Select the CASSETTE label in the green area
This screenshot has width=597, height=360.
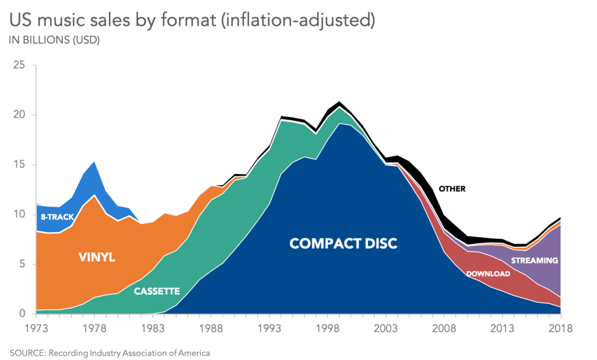click(157, 291)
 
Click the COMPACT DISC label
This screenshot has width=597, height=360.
click(343, 243)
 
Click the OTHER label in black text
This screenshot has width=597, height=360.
click(452, 188)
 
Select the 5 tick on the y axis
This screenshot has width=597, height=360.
click(22, 264)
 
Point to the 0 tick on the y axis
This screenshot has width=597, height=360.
click(22, 314)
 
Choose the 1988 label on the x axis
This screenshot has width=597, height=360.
click(211, 328)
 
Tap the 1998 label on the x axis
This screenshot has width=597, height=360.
click(327, 328)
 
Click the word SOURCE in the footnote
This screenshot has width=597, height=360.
click(27, 352)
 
